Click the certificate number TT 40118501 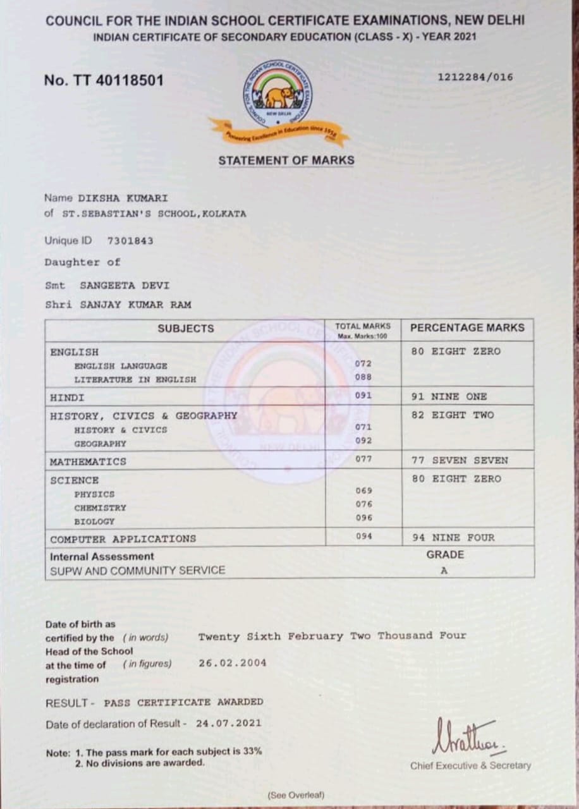[x=104, y=81]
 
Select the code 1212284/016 [x=475, y=78]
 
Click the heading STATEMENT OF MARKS [x=286, y=161]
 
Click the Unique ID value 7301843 [x=130, y=241]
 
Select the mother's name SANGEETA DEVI [x=125, y=286]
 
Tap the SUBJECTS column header [x=186, y=329]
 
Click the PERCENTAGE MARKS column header [x=467, y=328]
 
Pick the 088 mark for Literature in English [x=363, y=377]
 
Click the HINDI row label [x=68, y=398]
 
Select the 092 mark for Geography [x=363, y=441]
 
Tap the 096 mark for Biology [x=364, y=518]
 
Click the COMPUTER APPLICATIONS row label [x=123, y=539]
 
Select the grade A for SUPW [x=444, y=570]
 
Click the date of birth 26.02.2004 [x=232, y=663]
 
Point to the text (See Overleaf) [x=296, y=795]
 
